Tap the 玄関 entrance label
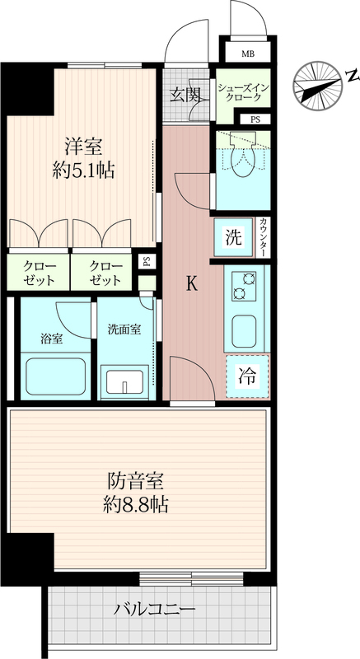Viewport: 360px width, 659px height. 184,96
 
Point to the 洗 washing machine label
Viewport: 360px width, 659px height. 234,237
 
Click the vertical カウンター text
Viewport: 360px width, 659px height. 263,237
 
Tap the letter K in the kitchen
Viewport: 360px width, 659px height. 192,284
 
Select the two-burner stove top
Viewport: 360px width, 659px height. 244,286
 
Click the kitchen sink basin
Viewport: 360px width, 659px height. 244,331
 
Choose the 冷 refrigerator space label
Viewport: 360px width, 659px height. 247,376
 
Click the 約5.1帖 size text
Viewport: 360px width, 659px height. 83,171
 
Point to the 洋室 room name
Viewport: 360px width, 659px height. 83,147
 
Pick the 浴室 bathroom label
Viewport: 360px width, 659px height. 52,339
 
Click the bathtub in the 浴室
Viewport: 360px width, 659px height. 55,376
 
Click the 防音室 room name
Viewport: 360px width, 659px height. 135,481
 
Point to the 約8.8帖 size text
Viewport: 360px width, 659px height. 135,504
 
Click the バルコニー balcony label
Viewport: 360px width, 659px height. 156,609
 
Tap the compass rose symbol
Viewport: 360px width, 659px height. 317,86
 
